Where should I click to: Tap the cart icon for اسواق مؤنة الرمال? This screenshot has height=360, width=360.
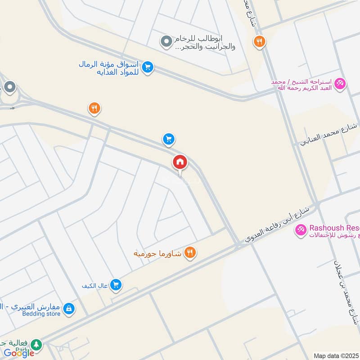[x=147, y=67]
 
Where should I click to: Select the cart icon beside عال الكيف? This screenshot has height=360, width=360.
[x=116, y=284]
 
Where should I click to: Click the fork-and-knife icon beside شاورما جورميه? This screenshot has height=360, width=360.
[x=190, y=253]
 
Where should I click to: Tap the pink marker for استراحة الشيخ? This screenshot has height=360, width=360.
[x=340, y=84]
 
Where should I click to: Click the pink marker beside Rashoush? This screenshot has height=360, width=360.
[x=300, y=231]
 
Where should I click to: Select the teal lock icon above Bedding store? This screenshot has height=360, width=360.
[x=69, y=308]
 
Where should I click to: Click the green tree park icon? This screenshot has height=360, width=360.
[x=36, y=345]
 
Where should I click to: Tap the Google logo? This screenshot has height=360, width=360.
[x=19, y=353]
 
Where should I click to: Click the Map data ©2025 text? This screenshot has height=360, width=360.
[x=336, y=355]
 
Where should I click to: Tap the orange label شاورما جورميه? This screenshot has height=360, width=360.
[x=157, y=254]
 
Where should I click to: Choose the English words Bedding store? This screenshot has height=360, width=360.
[x=41, y=314]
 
